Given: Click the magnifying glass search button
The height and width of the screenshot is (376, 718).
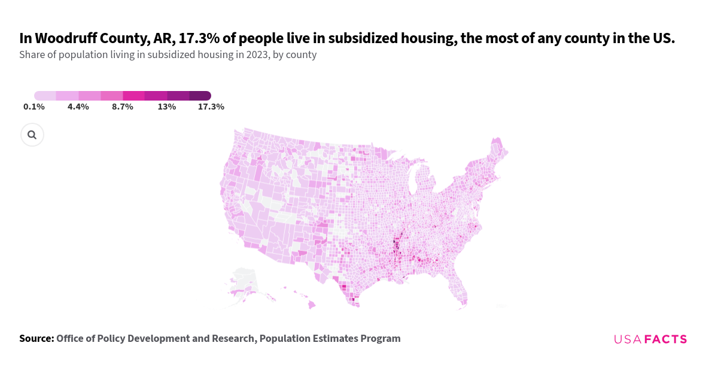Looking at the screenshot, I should [x=32, y=135].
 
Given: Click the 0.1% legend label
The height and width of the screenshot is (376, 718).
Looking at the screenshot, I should [x=34, y=107].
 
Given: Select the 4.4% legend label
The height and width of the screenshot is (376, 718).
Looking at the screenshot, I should [x=78, y=107].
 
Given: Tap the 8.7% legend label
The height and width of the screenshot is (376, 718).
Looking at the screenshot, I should [x=122, y=107].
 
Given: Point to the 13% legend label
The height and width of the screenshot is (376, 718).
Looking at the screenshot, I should [x=166, y=107].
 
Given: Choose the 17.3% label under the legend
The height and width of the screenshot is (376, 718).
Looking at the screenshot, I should [x=211, y=107].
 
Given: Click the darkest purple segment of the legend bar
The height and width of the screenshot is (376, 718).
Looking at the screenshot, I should [x=200, y=96].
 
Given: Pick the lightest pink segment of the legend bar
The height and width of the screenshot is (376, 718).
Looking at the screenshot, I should [x=45, y=96].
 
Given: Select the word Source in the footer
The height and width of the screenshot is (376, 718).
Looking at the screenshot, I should [x=36, y=338].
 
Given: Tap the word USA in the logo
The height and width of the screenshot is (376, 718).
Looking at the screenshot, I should [x=627, y=339].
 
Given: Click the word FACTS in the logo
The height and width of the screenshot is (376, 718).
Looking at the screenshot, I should [x=665, y=339].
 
